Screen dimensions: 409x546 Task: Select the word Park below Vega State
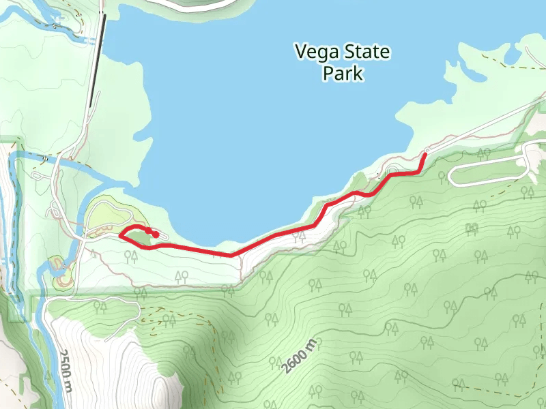click(343, 74)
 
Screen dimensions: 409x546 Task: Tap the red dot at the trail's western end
click(156, 234)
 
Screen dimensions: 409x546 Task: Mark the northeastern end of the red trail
click(425, 155)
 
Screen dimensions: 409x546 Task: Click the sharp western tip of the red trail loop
click(120, 235)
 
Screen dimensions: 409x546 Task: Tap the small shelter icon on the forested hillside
click(470, 228)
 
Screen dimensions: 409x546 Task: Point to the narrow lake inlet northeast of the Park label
click(471, 65)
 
